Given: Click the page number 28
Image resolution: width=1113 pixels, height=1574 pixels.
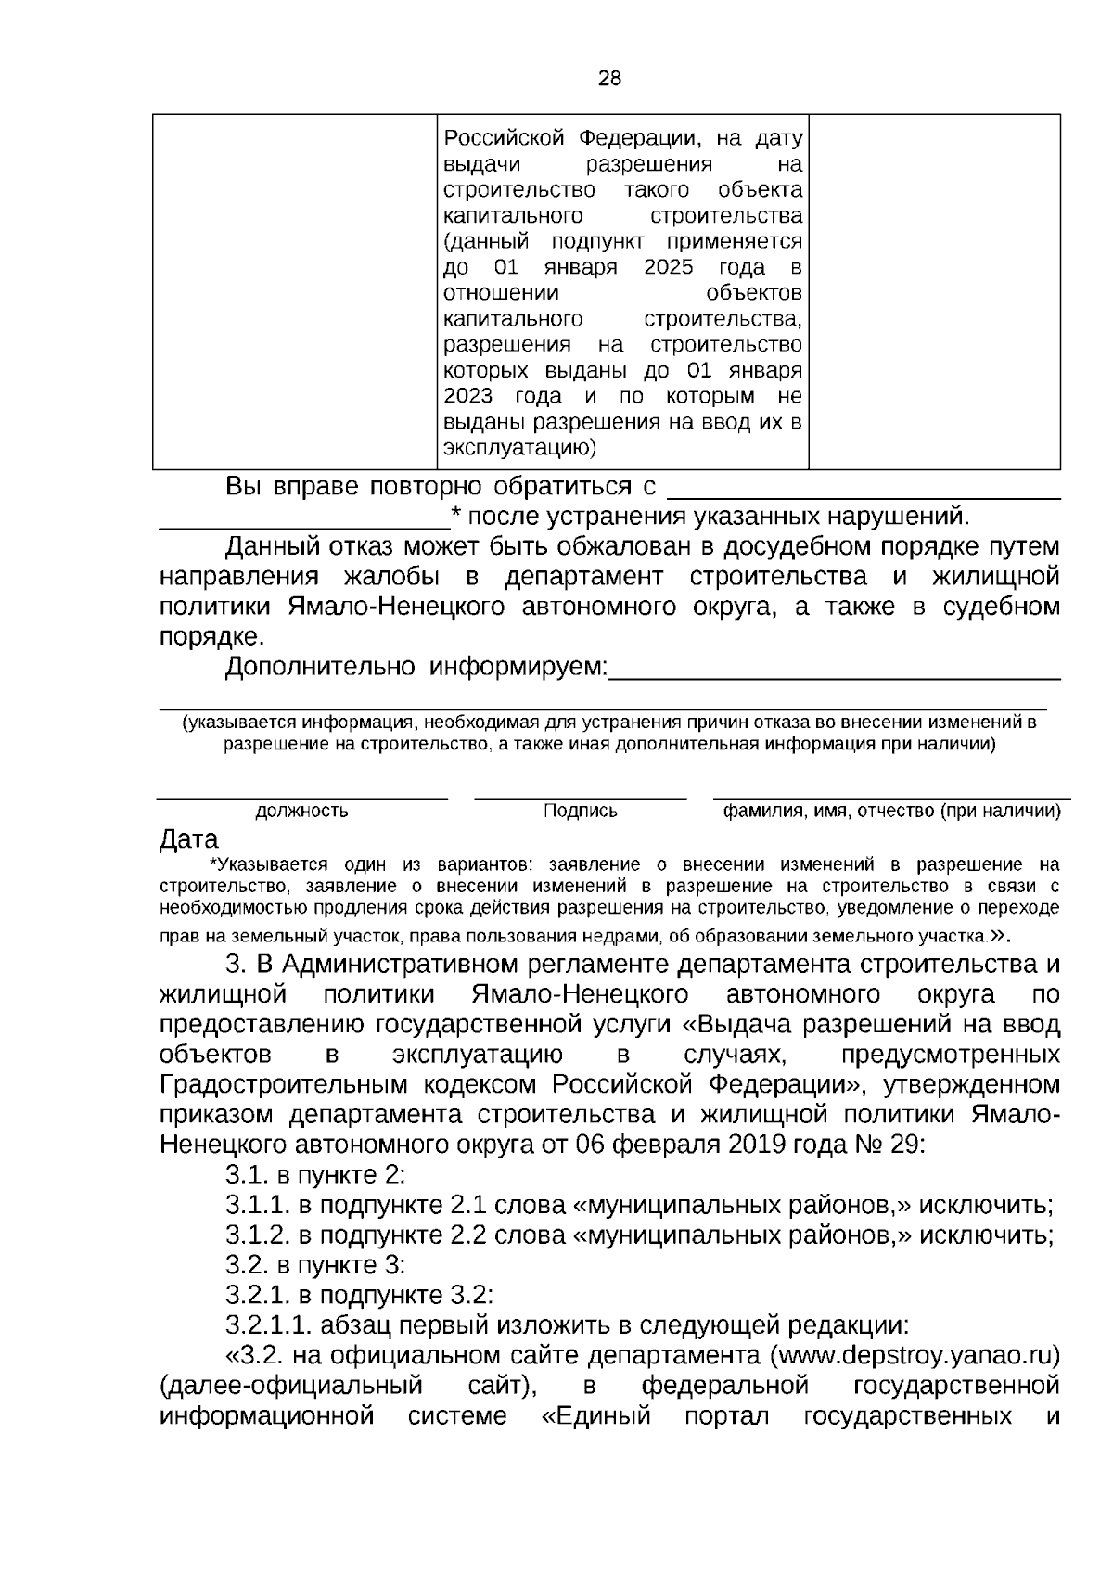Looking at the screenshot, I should pyautogui.click(x=609, y=79).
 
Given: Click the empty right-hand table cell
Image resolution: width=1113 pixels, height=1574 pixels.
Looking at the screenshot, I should pyautogui.click(x=934, y=291).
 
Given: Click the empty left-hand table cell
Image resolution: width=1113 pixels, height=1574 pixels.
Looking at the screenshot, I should pyautogui.click(x=294, y=291).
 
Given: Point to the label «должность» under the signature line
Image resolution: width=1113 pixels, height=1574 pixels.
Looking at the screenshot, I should pyautogui.click(x=301, y=811).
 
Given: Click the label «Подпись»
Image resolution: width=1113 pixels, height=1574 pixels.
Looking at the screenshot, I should pyautogui.click(x=580, y=811).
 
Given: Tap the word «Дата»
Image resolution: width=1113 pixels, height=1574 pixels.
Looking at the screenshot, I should pyautogui.click(x=188, y=839).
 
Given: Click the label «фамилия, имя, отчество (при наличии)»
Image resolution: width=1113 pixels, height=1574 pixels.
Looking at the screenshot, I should pyautogui.click(x=891, y=811).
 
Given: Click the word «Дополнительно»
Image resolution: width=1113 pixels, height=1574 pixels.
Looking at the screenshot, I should pyautogui.click(x=321, y=667).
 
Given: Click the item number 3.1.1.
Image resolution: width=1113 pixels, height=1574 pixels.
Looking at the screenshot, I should pyautogui.click(x=258, y=1205).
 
